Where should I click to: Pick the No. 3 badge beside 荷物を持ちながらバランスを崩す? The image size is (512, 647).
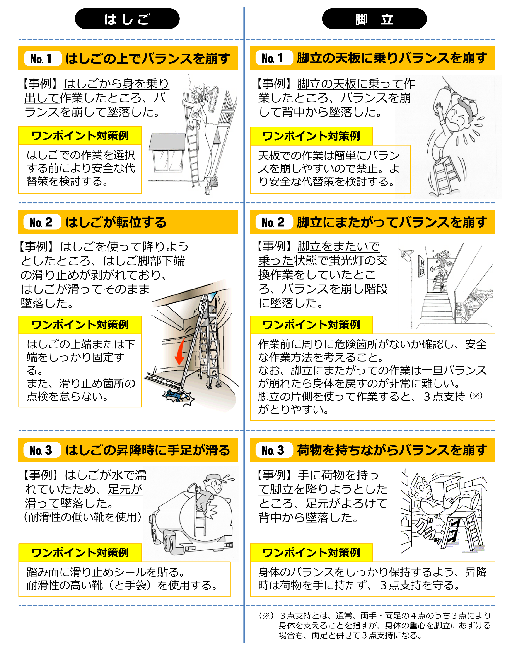coord(274,450)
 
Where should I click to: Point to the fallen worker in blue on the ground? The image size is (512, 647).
coord(178,396)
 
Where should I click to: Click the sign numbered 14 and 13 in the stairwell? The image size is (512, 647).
coord(422,267)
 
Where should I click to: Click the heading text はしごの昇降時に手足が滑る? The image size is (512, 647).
coord(148,450)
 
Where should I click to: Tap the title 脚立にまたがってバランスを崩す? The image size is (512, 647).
coord(392,222)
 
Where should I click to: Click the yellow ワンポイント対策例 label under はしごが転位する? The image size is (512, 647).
coord(80,325)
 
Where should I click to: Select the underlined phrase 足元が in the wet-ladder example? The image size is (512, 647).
coord(125,489)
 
